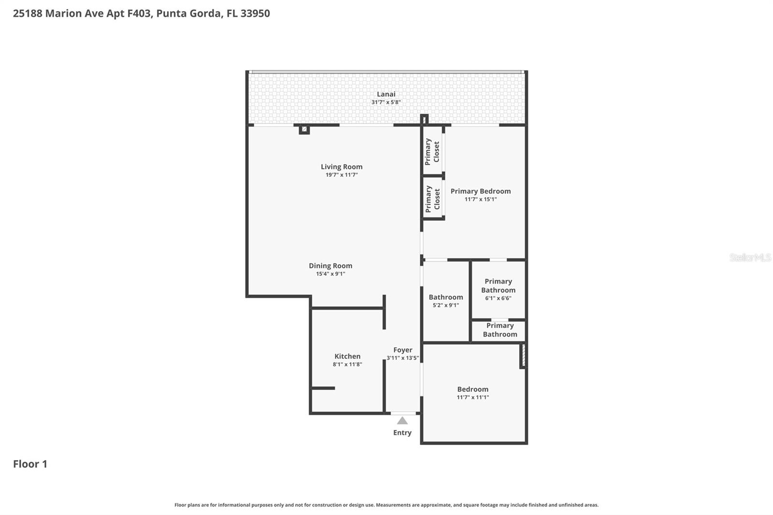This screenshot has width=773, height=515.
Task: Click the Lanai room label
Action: pos(386,94)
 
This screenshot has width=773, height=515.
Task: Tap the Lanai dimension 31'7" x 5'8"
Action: pos(386,102)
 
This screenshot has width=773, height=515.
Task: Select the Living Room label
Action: pos(342,167)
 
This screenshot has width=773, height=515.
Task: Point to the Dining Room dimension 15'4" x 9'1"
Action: pos(330,274)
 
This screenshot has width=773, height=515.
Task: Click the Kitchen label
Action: pos(347,356)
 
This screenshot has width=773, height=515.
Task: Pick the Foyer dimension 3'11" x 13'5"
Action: pos(402,358)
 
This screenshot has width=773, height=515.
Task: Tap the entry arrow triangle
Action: pos(402,421)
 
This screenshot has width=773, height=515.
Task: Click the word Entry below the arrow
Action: pos(402,433)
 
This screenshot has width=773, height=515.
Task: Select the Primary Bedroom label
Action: pos(480,191)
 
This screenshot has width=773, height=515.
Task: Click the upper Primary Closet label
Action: pos(432,152)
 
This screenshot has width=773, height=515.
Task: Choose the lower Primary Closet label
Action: pos(432,199)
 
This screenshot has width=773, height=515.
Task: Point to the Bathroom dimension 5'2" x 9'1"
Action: pos(445,305)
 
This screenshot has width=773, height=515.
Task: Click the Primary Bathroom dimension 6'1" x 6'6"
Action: pos(498,298)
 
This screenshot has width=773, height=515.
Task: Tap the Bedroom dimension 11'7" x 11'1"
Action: pos(472,397)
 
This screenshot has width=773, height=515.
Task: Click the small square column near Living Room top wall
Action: pos(304,129)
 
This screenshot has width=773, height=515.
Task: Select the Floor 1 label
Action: pos(30,464)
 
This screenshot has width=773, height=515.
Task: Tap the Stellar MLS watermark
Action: pos(750,257)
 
